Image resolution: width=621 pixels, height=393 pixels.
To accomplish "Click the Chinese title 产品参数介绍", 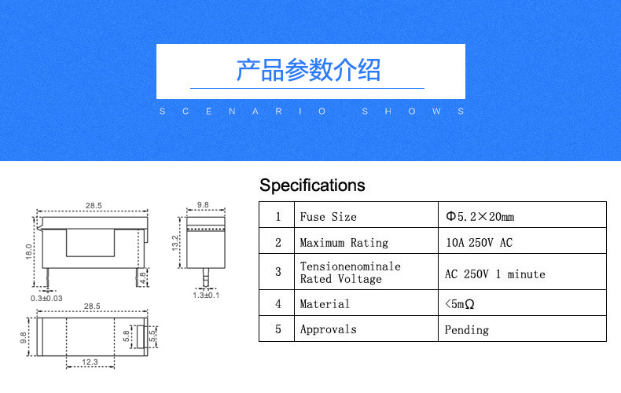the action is coord(308,70).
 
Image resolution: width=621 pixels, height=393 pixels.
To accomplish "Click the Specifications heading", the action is coord(312,185).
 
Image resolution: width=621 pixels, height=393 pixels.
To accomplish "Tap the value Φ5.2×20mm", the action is coord(480,217).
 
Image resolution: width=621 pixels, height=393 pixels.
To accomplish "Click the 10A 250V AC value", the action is coord(480,242).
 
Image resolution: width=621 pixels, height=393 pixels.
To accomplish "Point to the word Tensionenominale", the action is coord(351,266).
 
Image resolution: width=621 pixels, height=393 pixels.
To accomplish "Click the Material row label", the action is coord(325,304).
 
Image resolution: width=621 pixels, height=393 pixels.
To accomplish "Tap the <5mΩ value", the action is coord(459,304).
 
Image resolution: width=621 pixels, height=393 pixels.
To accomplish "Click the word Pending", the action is coord(467,329).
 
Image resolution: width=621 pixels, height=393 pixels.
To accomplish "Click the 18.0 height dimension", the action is coord(28,252).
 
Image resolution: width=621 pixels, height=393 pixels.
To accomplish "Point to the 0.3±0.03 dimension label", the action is coord(46,299).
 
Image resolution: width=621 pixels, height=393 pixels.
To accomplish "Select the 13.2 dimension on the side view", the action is coord(175,243).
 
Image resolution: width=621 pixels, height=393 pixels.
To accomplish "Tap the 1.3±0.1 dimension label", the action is coord(206,296).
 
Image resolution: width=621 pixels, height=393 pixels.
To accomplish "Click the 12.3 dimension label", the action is coord(90,362).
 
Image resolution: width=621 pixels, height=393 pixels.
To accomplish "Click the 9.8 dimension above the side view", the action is coord(203,205).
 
